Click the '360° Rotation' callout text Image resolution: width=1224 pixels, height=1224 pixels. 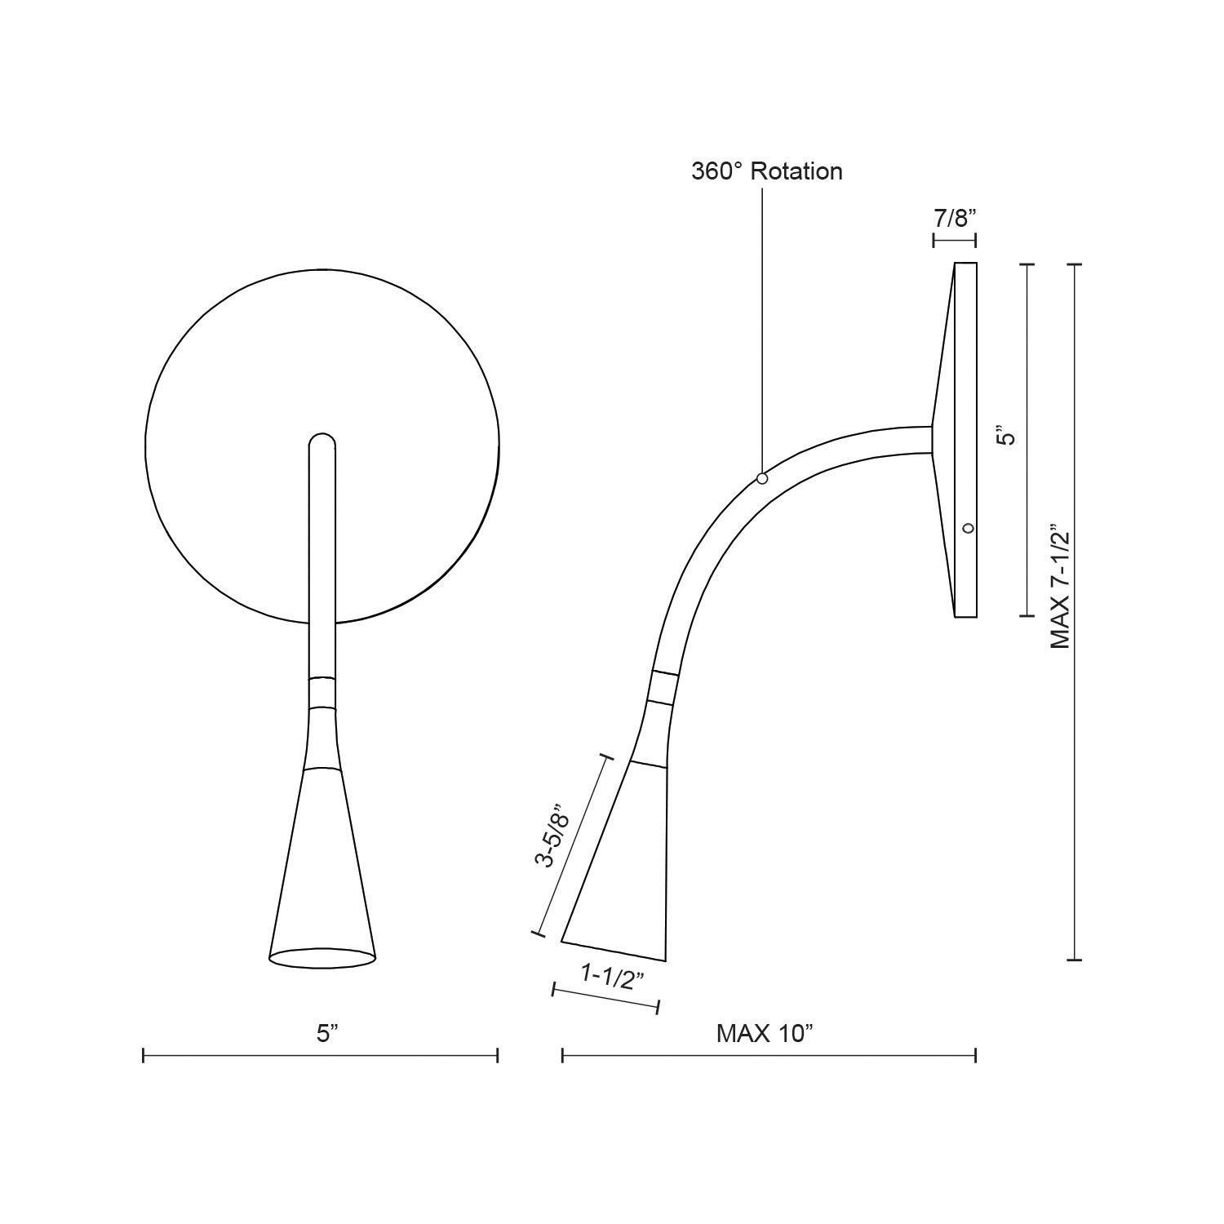point(766,171)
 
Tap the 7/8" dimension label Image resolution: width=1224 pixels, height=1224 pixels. point(955,219)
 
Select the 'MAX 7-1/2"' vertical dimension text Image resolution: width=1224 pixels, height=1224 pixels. point(1060,586)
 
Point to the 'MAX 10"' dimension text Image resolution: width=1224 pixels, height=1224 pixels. point(765,1034)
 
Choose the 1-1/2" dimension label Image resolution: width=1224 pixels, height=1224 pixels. point(608,976)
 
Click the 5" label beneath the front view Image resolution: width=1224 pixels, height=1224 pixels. point(327,1034)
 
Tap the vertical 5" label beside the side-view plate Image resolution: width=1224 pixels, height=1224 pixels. point(1009,437)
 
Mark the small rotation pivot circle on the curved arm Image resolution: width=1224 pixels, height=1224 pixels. point(762,478)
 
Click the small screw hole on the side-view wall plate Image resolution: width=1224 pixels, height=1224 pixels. point(968,528)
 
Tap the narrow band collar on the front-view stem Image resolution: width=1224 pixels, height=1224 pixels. point(322,692)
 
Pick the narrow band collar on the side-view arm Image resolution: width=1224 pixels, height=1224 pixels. point(663,688)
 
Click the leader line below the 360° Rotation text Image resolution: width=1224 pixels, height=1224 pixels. point(762,326)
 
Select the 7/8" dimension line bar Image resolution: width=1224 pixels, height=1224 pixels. point(955,240)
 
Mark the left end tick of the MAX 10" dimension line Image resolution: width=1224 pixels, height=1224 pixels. point(562,1056)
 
